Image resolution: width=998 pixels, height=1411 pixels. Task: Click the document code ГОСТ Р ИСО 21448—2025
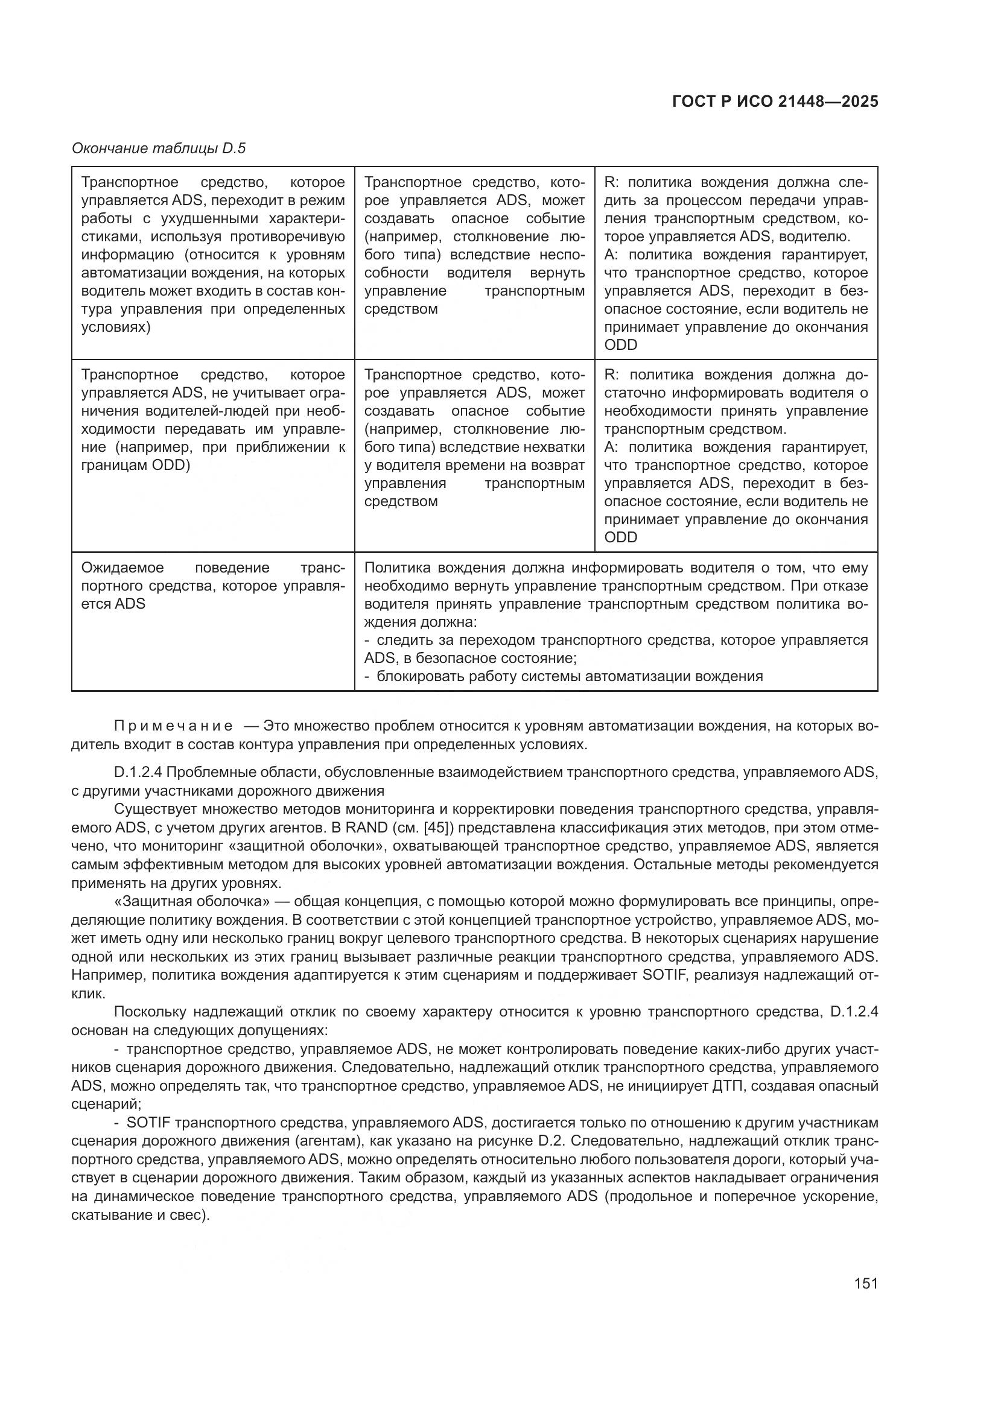click(775, 101)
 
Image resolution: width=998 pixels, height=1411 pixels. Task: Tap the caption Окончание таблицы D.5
click(159, 148)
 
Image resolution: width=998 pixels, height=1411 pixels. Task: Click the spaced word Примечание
click(173, 726)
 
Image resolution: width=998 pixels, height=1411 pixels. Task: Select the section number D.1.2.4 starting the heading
click(145, 772)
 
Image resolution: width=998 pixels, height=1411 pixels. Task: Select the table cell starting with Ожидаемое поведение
click(212, 585)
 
